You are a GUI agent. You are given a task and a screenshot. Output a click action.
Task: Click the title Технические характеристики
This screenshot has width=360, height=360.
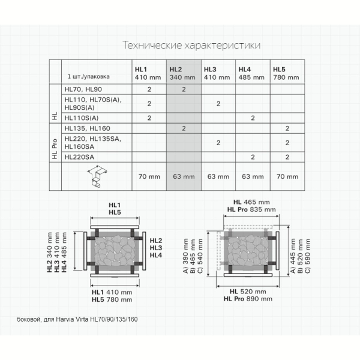[192, 45]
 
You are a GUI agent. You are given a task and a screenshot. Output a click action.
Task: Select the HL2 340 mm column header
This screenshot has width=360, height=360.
[182, 73]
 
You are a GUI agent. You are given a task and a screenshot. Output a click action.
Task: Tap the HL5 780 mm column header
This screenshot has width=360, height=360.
[286, 73]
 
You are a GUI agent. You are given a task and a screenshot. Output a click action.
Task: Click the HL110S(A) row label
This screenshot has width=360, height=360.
[82, 118]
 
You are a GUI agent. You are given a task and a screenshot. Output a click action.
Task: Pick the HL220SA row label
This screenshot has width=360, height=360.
[79, 157]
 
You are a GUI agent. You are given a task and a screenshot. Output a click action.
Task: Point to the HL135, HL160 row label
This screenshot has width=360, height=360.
[87, 128]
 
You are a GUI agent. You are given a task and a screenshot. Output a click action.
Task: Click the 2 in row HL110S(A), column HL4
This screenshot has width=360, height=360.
[253, 118]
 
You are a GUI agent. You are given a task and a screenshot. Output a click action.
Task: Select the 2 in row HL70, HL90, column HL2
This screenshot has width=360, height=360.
[184, 89]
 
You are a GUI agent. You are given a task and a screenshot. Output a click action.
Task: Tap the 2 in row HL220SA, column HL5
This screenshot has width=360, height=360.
[287, 157]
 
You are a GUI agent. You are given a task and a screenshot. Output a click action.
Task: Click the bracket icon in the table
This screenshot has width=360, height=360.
[97, 176]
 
